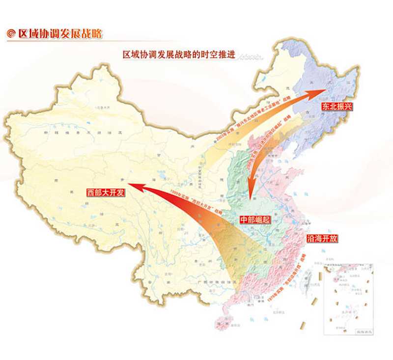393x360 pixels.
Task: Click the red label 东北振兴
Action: pyautogui.click(x=336, y=106)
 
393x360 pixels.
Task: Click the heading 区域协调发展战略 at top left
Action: pyautogui.click(x=59, y=34)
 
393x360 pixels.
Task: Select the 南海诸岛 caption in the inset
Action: pyautogui.click(x=363, y=332)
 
